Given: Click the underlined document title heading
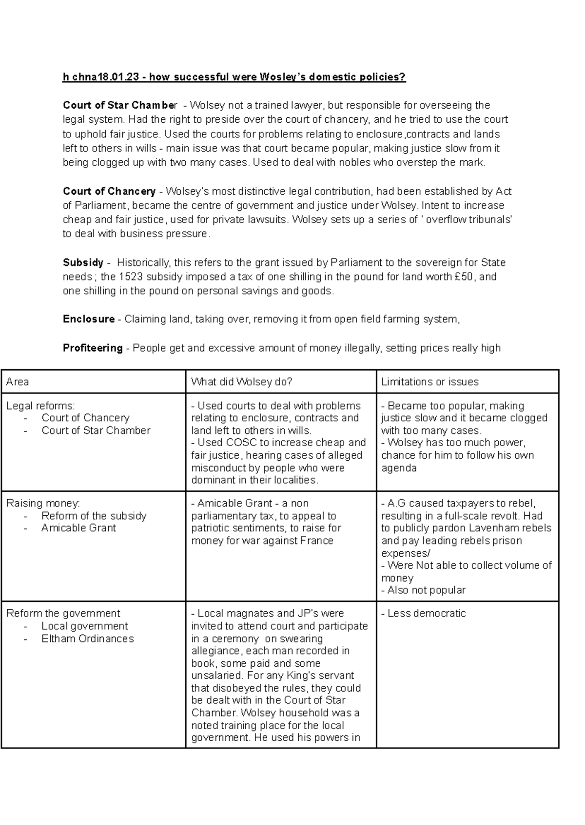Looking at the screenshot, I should click(x=234, y=77).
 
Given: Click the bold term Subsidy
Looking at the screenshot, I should click(x=83, y=262).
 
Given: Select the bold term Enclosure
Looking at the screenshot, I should click(x=89, y=319).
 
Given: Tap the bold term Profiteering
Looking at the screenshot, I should click(x=93, y=348).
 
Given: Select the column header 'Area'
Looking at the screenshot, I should click(x=18, y=382).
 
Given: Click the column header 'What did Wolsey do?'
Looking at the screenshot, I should click(x=241, y=382).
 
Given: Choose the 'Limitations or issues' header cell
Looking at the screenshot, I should click(x=429, y=382).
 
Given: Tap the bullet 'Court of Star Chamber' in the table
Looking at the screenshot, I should click(x=96, y=431).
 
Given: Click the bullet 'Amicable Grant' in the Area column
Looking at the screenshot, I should click(x=78, y=528).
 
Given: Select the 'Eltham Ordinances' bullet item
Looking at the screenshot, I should click(x=87, y=638).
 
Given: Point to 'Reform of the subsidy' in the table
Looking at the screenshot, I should click(x=94, y=516).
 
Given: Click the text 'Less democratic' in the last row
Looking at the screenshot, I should click(x=426, y=614).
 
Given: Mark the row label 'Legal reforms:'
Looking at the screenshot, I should click(x=40, y=406).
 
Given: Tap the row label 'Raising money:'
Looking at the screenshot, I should click(x=43, y=503).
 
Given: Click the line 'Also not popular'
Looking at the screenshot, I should click(x=426, y=590).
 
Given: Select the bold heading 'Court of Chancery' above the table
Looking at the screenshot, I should click(x=109, y=191).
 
